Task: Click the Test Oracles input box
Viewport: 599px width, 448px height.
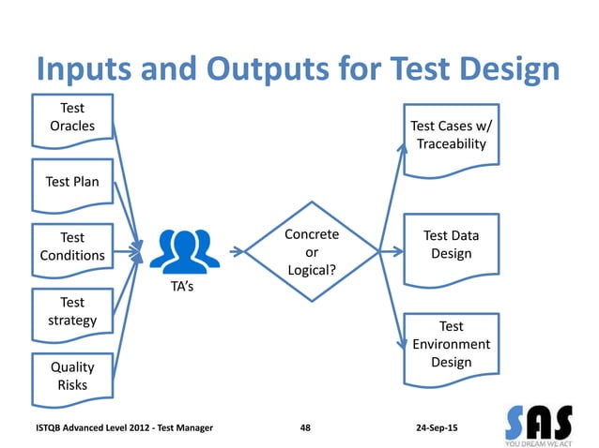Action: click(x=71, y=119)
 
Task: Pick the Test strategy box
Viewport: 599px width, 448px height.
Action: click(x=71, y=312)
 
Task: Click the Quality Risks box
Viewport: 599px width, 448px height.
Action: click(x=71, y=376)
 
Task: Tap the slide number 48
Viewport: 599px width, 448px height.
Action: click(x=305, y=427)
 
